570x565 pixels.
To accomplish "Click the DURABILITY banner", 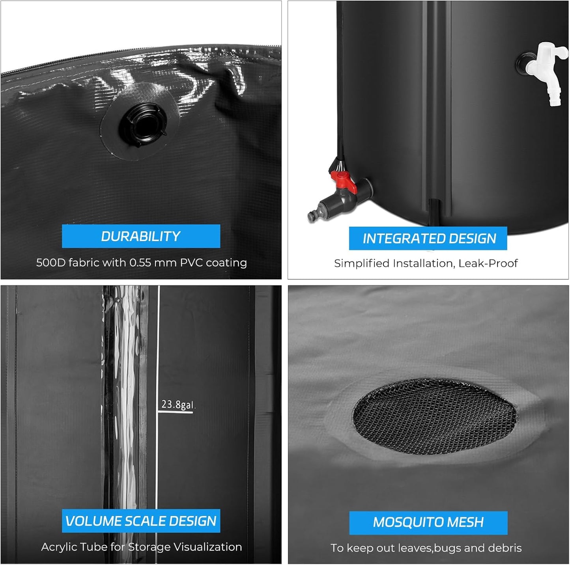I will click(141, 236).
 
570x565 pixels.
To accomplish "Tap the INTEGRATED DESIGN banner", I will click(428, 239).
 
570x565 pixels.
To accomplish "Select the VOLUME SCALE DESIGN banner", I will click(141, 521).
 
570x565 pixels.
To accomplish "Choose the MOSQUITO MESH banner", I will click(428, 522).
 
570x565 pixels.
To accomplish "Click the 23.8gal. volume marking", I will click(178, 405).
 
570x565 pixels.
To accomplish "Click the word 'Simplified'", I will click(362, 263).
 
